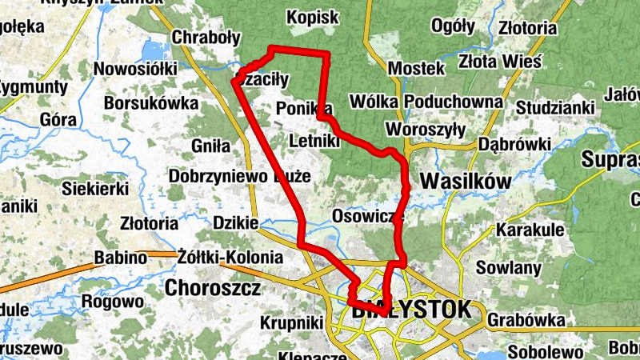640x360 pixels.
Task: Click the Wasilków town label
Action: point(466,182)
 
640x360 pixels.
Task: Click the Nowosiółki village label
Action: point(135,69)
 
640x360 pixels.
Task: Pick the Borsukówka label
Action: point(150,103)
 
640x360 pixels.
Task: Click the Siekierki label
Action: point(96,190)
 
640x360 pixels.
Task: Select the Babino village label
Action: point(121,258)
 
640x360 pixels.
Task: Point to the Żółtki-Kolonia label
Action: point(230,258)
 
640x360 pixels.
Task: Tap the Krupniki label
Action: point(291,322)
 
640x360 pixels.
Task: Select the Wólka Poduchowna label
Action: point(426,102)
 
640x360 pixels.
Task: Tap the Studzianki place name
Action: point(556,107)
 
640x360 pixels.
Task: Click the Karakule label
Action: point(530,230)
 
